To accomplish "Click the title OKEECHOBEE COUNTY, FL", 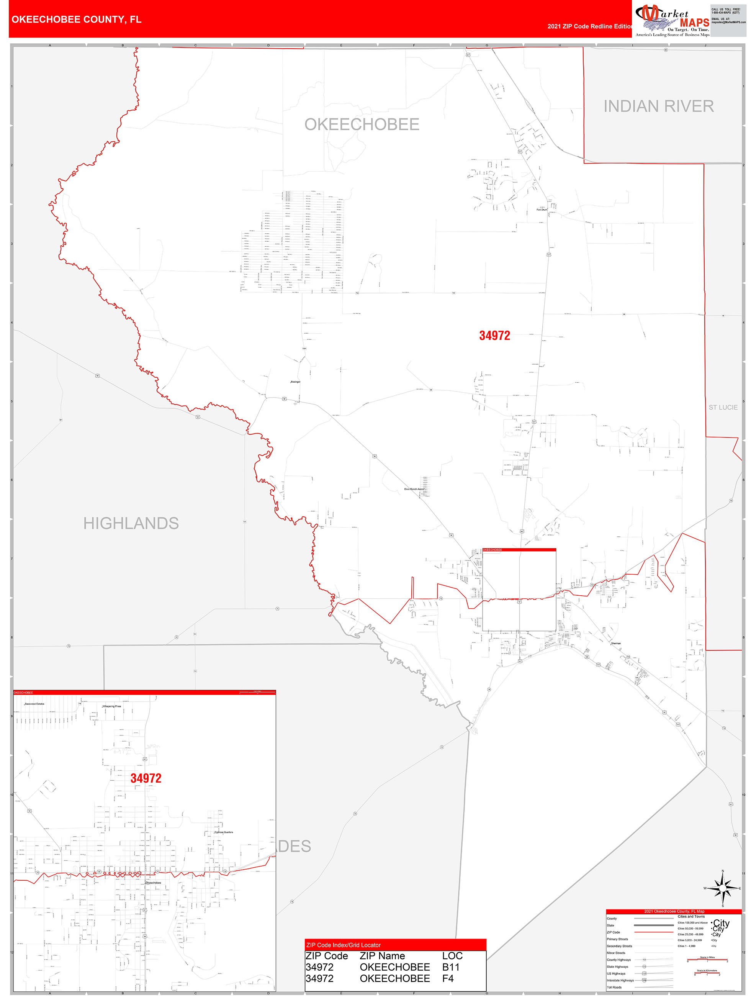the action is [x=76, y=20].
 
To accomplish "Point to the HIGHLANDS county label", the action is [x=131, y=523].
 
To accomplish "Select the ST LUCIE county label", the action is [x=723, y=408].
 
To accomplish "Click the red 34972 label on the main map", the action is [x=494, y=336].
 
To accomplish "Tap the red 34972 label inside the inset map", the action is [x=146, y=778].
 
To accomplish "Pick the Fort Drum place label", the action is [x=542, y=210].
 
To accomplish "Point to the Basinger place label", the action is [x=295, y=382].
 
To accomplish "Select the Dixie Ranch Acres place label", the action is [x=413, y=489].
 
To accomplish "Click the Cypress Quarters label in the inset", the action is [x=223, y=832].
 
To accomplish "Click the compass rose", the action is [x=723, y=888].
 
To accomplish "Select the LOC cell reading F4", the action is [x=448, y=978].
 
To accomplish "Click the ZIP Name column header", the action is [x=382, y=956].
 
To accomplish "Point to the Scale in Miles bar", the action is [x=707, y=961].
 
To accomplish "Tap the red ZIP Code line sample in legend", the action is [x=653, y=932].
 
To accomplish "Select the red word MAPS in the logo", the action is [x=694, y=23].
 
